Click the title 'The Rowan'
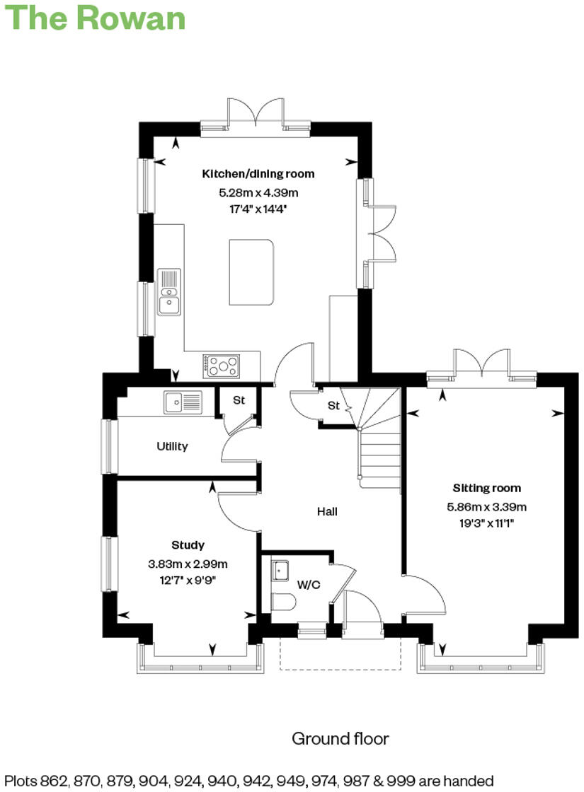click(x=96, y=18)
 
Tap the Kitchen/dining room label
click(x=258, y=174)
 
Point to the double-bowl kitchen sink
click(x=169, y=291)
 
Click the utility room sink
click(x=183, y=402)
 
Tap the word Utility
click(x=172, y=446)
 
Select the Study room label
click(x=188, y=545)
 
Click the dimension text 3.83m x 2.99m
click(x=188, y=564)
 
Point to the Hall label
click(x=326, y=511)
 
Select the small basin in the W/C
click(x=280, y=569)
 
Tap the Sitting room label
click(x=486, y=488)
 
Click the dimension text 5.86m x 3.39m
click(x=486, y=506)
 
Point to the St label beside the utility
click(x=239, y=400)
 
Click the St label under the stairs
click(x=333, y=406)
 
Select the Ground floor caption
click(x=340, y=739)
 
